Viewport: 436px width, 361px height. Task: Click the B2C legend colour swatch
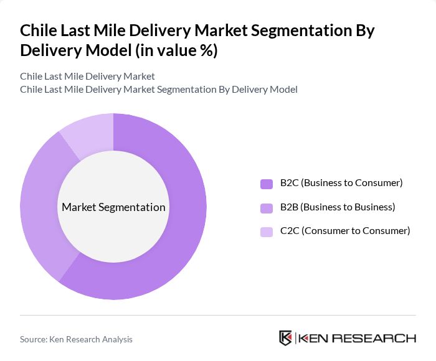click(267, 184)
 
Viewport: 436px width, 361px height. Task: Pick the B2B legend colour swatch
click(267, 208)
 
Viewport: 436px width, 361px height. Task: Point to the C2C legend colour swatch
click(267, 232)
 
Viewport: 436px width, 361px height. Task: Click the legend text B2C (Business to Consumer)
click(341, 183)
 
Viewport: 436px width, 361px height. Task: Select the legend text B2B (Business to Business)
click(338, 207)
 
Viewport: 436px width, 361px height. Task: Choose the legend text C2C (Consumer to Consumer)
click(345, 231)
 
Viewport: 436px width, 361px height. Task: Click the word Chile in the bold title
click(40, 30)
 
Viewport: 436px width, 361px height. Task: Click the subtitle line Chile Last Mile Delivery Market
click(87, 76)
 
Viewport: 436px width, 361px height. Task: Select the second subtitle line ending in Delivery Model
click(158, 90)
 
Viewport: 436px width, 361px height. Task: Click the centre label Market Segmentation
click(113, 207)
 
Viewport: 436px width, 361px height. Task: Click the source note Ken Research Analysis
click(76, 339)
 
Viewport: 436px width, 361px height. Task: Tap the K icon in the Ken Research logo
click(285, 338)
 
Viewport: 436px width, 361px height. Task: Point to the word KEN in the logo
click(314, 339)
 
